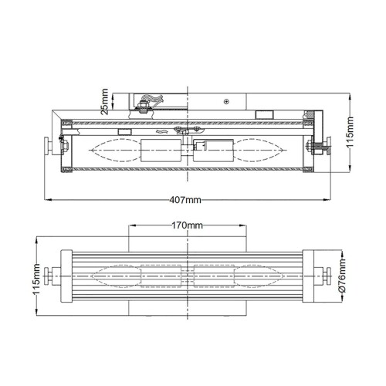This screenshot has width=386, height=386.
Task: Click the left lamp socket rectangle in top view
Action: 159,148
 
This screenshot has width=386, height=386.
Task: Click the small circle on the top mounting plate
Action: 225,101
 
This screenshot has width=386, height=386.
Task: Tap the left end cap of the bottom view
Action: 66,276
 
